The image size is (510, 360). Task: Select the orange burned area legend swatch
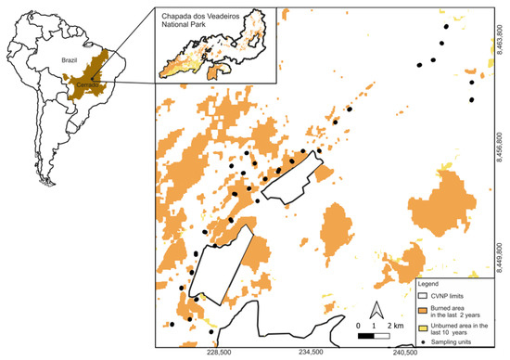424,308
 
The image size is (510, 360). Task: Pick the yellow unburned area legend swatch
424,327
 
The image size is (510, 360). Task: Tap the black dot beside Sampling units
424,343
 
